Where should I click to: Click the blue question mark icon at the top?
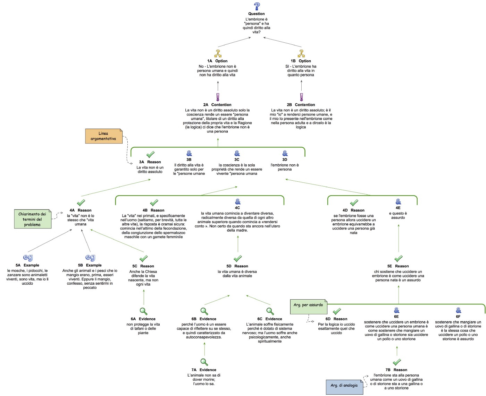[x=257, y=6]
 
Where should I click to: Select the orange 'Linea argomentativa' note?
[x=104, y=136]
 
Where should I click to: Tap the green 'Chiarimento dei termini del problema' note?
[x=33, y=219]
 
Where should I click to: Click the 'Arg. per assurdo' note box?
[x=308, y=305]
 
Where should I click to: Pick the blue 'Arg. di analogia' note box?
[x=344, y=387]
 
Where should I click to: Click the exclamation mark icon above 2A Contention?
[x=218, y=97]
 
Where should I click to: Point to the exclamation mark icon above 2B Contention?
[x=301, y=97]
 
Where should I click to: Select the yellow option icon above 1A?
[x=218, y=53]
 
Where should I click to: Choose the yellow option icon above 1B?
[x=301, y=53]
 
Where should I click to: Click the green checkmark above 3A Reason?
[x=150, y=154]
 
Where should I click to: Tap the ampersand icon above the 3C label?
[x=237, y=153]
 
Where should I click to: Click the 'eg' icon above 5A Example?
[x=28, y=258]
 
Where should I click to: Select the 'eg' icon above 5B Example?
[x=90, y=258]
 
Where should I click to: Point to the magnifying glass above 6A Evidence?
[x=143, y=311]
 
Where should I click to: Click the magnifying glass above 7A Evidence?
[x=204, y=362]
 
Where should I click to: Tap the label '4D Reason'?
[x=353, y=210]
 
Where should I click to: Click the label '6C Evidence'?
[x=270, y=319]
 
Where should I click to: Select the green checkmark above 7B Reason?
[x=397, y=362]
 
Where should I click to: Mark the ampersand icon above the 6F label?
[x=459, y=310]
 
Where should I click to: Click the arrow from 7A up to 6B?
[x=204, y=348]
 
